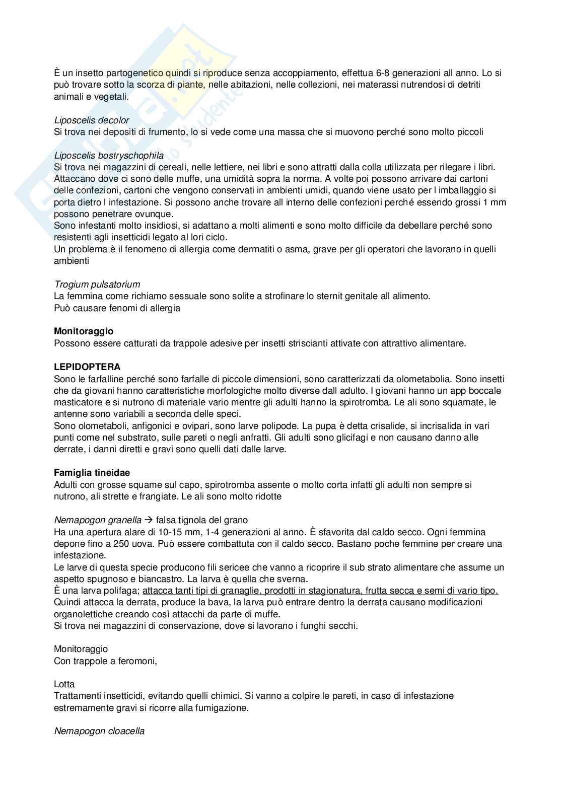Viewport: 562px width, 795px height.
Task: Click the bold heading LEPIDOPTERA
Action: [87, 367]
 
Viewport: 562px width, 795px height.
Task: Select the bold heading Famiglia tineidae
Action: [92, 473]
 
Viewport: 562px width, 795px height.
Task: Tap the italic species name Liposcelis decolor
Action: [91, 120]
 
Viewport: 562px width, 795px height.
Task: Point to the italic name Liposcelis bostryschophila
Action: [108, 156]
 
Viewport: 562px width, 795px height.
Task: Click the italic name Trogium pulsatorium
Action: [97, 284]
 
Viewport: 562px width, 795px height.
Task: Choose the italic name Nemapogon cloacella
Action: [99, 731]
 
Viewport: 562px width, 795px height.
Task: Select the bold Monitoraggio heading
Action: [84, 331]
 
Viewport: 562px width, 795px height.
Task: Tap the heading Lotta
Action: [64, 684]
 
